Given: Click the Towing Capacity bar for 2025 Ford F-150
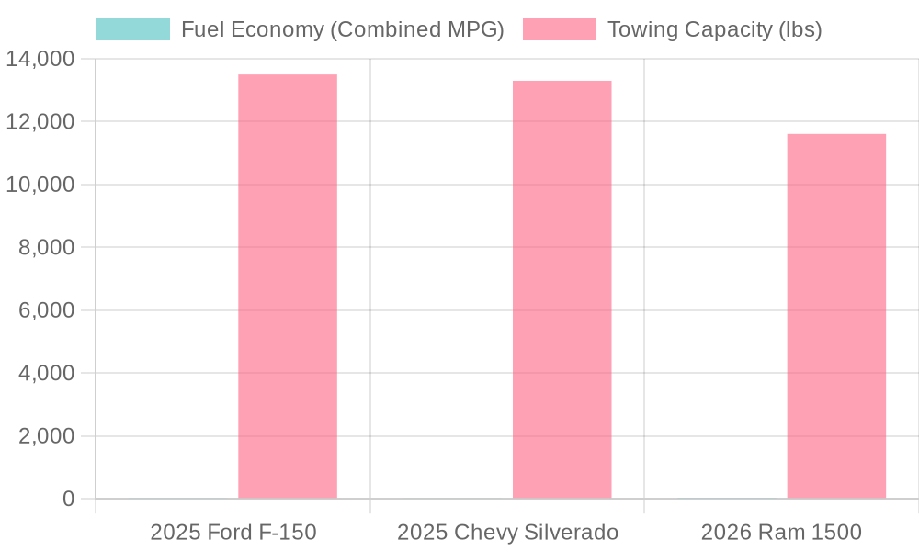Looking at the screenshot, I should pyautogui.click(x=288, y=287).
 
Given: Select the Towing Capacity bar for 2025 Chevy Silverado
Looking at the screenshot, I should pyautogui.click(x=562, y=289).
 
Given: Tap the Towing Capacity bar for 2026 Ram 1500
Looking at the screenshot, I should pyautogui.click(x=836, y=316).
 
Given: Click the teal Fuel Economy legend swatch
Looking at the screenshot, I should pyautogui.click(x=133, y=29).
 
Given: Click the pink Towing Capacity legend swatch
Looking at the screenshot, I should pyautogui.click(x=560, y=29).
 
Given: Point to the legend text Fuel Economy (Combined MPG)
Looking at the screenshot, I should pyautogui.click(x=342, y=29).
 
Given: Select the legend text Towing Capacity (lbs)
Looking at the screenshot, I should pyautogui.click(x=714, y=29).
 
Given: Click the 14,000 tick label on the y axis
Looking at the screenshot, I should pyautogui.click(x=40, y=59).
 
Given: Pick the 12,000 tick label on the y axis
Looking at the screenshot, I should pyautogui.click(x=40, y=122).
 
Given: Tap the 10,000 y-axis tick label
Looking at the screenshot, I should pyautogui.click(x=40, y=185).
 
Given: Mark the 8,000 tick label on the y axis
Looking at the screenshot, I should pyautogui.click(x=46, y=248).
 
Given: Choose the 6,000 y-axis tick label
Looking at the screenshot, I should pyautogui.click(x=46, y=310).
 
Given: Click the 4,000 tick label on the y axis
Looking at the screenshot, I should pyautogui.click(x=46, y=374).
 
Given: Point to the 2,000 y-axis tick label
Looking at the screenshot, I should pyautogui.click(x=46, y=436).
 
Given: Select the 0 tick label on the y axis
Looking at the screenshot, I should pyautogui.click(x=69, y=499).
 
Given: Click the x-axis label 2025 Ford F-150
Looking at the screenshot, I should pyautogui.click(x=233, y=533).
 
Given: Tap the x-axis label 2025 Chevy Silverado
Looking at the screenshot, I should pyautogui.click(x=507, y=533).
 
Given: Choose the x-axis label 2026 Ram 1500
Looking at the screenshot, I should pyautogui.click(x=781, y=533).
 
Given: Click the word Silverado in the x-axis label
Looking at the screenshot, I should pyautogui.click(x=575, y=533).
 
